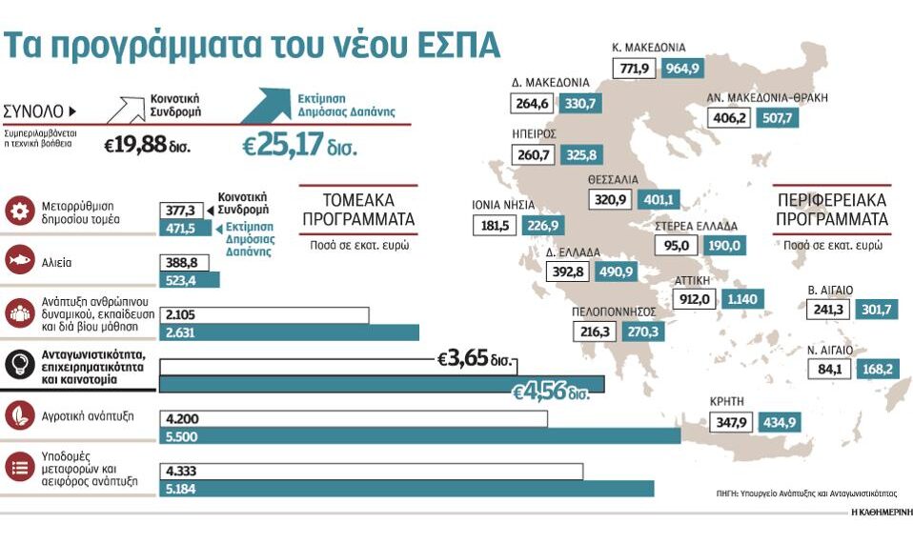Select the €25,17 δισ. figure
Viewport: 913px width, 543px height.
coord(298,147)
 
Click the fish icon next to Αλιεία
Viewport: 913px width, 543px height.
coord(20,260)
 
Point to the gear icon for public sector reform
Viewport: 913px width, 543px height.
coord(20,211)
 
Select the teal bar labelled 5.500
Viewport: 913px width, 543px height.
coord(419,436)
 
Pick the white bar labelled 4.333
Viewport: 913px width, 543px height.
coord(372,471)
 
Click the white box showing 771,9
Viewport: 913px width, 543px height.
coord(635,69)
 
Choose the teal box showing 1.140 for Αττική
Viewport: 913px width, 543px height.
coord(742,299)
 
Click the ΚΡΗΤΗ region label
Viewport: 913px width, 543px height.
coord(728,401)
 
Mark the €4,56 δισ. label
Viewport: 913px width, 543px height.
coord(550,392)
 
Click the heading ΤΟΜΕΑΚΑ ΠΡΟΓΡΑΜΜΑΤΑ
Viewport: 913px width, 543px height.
coord(357,210)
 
